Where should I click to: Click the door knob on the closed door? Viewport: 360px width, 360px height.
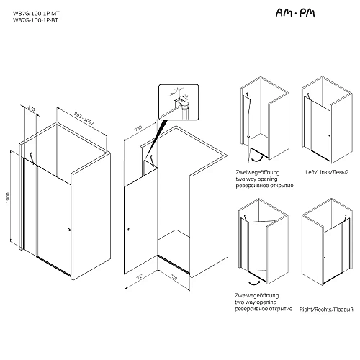point(68,230)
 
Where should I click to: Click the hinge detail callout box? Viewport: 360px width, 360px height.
point(176,99)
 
